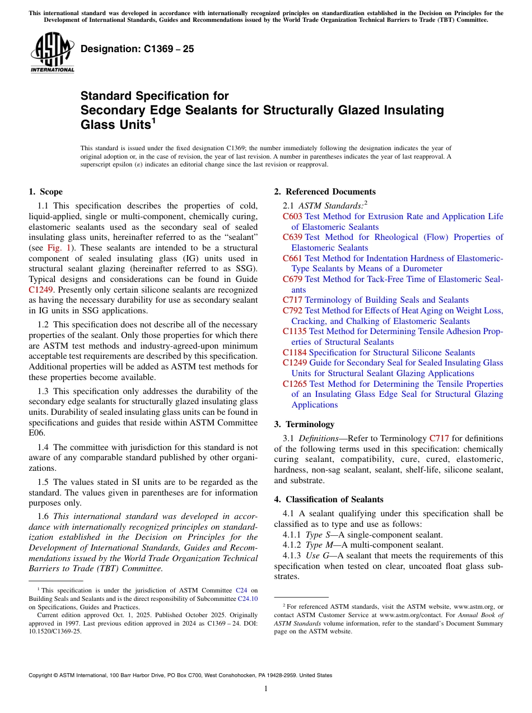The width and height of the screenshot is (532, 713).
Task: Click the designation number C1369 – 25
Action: point(137,49)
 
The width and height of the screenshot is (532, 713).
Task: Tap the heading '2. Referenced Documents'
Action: point(325,192)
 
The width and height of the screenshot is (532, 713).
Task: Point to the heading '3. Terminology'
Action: point(304,424)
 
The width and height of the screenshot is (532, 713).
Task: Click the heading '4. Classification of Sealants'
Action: point(329,499)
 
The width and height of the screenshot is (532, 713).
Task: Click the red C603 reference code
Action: point(292,216)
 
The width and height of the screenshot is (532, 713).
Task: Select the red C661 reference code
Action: point(292,258)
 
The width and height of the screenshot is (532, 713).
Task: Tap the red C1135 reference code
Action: point(295,331)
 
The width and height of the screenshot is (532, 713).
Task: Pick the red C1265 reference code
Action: point(295,384)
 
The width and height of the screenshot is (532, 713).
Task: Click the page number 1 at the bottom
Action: point(266,689)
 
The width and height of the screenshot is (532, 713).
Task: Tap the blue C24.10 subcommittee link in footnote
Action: point(248,599)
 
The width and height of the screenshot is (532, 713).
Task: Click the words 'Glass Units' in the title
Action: point(115,124)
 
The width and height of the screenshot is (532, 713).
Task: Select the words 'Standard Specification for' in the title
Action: point(155,96)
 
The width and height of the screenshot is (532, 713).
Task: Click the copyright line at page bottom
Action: point(180,675)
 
